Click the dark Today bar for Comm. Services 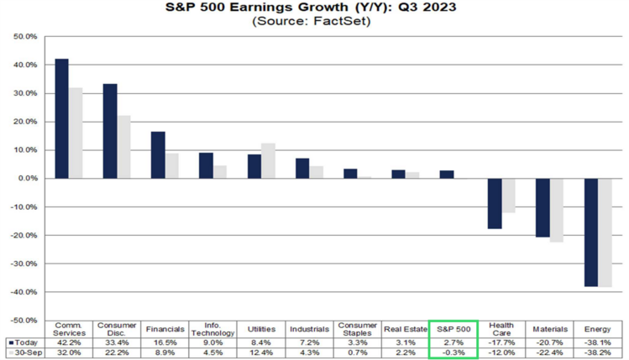click(x=61, y=118)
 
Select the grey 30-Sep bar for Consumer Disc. click(x=124, y=147)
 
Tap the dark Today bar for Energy click(x=592, y=232)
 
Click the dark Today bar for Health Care click(x=495, y=204)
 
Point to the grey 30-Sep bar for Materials click(x=557, y=210)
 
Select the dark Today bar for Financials click(x=158, y=155)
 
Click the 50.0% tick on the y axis click(x=25, y=37)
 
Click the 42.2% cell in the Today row click(x=69, y=342)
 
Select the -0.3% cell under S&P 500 click(x=453, y=353)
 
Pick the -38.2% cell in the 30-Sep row click(x=598, y=353)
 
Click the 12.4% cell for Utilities click(x=261, y=353)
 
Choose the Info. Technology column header click(x=212, y=330)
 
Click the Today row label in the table click(x=24, y=342)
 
